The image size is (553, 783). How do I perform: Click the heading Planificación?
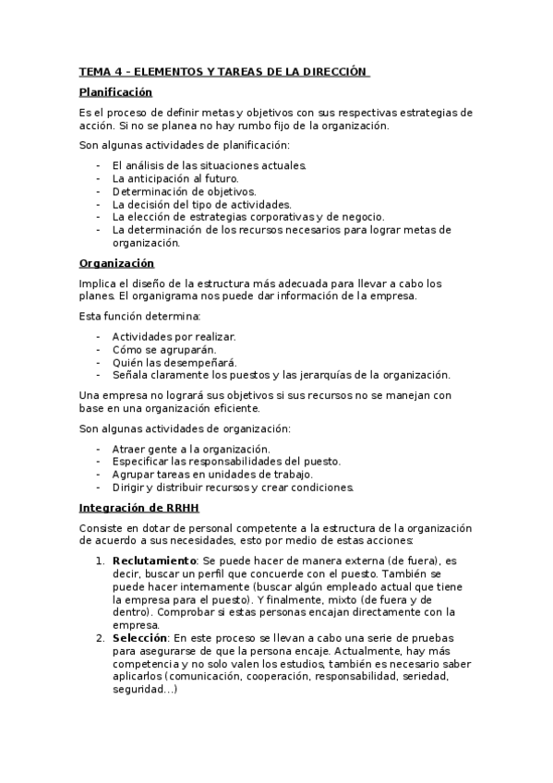pos(115,92)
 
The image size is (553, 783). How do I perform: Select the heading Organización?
pos(115,263)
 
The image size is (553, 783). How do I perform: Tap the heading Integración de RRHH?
pos(138,509)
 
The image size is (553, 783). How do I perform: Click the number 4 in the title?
pos(119,70)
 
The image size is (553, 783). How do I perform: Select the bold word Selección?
pos(139,637)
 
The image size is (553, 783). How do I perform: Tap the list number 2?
pos(100,637)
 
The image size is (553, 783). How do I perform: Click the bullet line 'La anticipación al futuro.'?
pos(175,178)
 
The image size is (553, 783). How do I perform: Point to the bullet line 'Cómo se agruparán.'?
pos(164,350)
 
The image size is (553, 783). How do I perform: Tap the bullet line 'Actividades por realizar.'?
pos(174,337)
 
